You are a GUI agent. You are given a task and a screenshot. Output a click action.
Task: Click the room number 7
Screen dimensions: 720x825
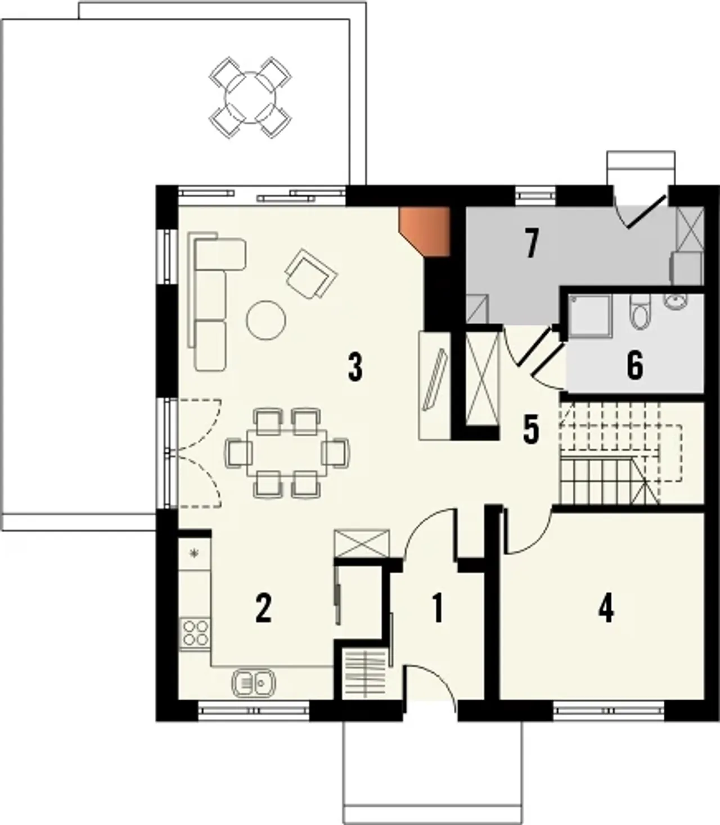pyautogui.click(x=532, y=244)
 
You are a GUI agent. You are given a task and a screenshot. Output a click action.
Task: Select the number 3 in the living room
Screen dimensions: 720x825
pyautogui.click(x=355, y=368)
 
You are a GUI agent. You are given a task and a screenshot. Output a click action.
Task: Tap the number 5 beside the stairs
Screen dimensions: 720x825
pyautogui.click(x=531, y=430)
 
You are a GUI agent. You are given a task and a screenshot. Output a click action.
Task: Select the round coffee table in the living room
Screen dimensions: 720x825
pyautogui.click(x=266, y=320)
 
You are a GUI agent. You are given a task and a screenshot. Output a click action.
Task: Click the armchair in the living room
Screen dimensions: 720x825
pyautogui.click(x=311, y=274)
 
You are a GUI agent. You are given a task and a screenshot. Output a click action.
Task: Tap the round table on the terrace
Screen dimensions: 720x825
pyautogui.click(x=250, y=98)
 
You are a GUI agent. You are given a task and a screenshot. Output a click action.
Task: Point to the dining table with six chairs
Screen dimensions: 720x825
pyautogui.click(x=288, y=453)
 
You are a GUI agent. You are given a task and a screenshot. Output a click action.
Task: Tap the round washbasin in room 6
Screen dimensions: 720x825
pyautogui.click(x=675, y=302)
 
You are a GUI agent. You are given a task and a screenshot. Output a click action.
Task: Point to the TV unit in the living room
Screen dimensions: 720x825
pyautogui.click(x=435, y=385)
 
